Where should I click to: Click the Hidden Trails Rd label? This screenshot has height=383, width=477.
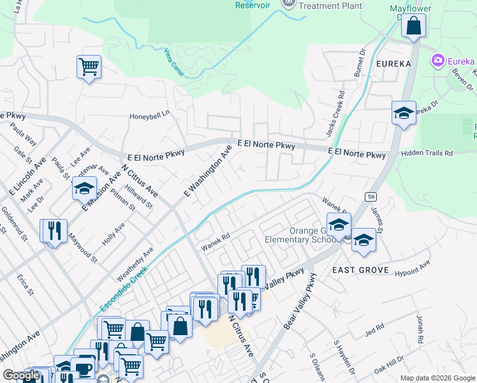[x=427, y=154]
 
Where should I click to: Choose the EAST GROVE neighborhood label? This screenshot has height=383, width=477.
[x=361, y=271]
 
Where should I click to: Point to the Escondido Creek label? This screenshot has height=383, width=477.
[x=124, y=289]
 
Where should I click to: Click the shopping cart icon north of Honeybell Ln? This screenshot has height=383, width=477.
[x=89, y=66]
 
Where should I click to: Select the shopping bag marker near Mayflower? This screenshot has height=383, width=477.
[x=414, y=26]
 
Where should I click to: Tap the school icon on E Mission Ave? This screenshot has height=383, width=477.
[x=84, y=188]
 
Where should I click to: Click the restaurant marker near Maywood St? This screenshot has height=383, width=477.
[x=54, y=230]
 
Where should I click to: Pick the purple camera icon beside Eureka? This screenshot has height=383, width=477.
[x=438, y=61]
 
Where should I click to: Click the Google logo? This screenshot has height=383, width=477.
[x=21, y=376]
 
